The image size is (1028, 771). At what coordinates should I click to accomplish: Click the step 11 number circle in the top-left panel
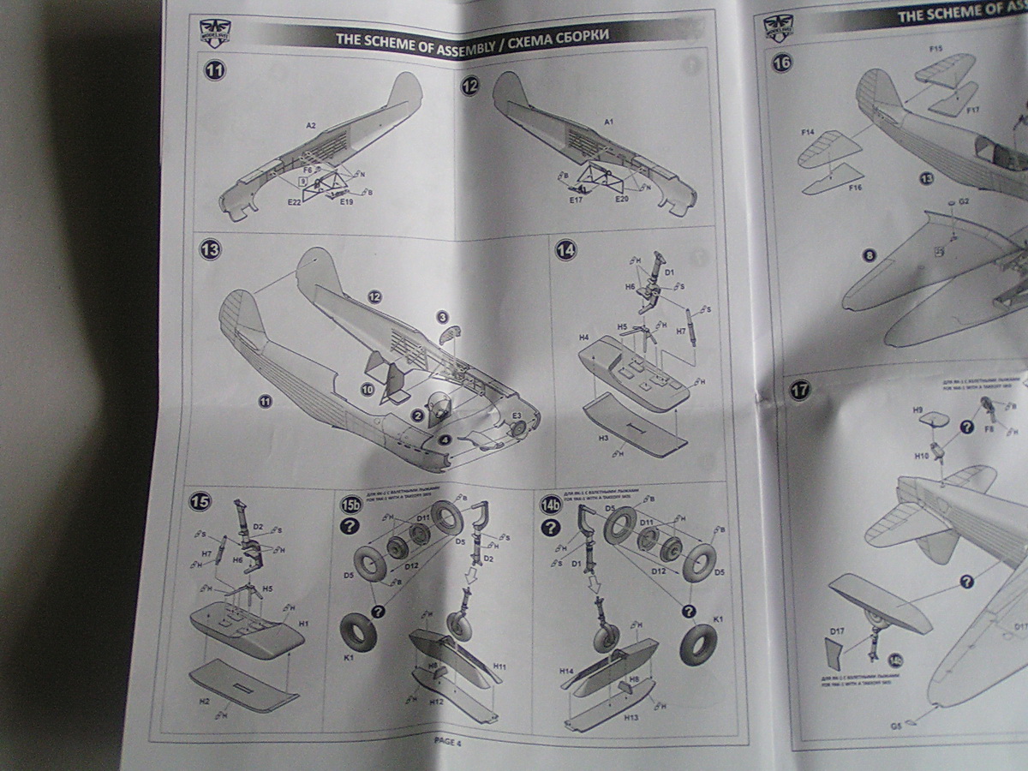[x=215, y=71]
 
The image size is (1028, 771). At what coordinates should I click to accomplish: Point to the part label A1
[x=608, y=123]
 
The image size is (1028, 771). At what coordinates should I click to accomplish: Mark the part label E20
[x=624, y=199]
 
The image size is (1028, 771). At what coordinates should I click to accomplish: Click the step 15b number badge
[x=350, y=503]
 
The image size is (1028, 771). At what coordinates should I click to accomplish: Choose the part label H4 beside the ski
[x=583, y=339]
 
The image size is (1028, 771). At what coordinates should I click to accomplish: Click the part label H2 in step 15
[x=205, y=700]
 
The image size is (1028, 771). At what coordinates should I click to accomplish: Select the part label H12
[x=435, y=702]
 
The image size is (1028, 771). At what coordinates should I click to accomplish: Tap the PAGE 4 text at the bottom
[x=446, y=741]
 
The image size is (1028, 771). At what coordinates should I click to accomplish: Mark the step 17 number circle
[x=799, y=390]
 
